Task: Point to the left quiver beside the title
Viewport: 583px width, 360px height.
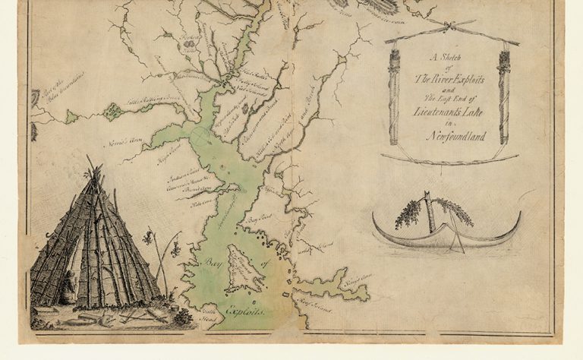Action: click(394, 95)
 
